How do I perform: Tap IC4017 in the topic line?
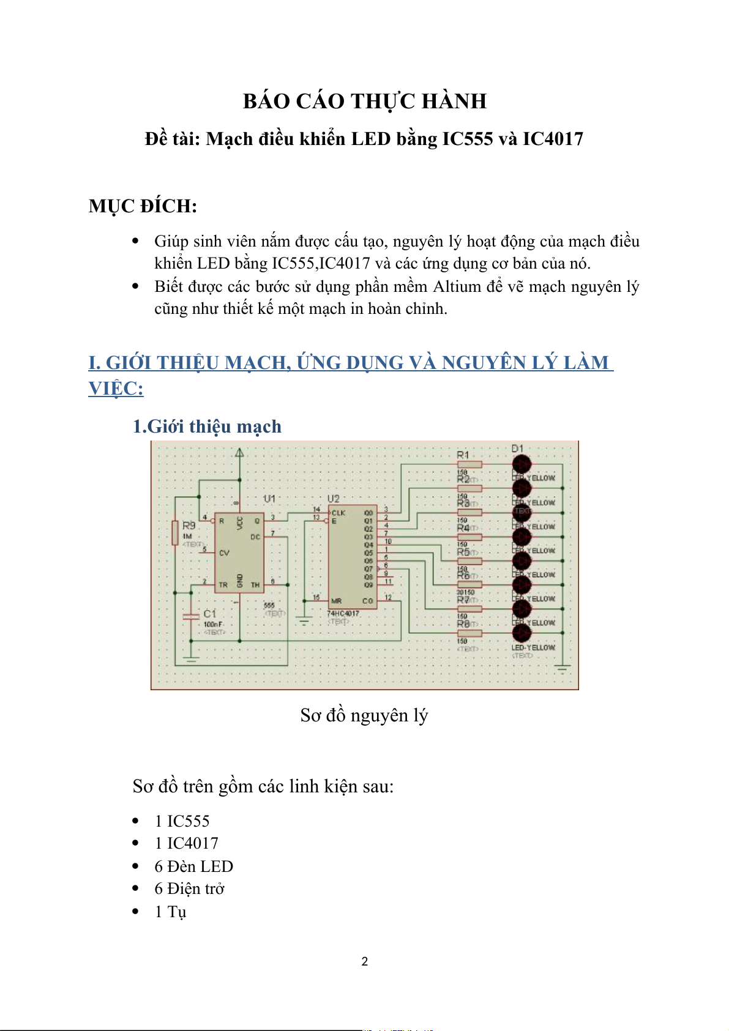point(552,139)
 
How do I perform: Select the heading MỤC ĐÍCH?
point(143,206)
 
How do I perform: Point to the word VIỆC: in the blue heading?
point(116,389)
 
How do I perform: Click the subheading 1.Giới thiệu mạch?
point(207,426)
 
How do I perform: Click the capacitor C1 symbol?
point(191,616)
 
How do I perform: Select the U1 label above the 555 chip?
point(269,499)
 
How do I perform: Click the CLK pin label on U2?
point(338,513)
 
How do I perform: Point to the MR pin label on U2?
point(336,601)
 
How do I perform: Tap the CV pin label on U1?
point(224,553)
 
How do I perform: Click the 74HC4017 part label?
point(343,613)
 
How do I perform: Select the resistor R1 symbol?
point(469,464)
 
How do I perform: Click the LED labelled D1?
point(522,463)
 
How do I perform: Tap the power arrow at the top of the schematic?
point(239,453)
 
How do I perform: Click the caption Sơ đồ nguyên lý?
point(364,715)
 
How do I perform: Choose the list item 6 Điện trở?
point(189,888)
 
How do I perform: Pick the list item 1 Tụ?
point(170,912)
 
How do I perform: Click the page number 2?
point(365,961)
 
